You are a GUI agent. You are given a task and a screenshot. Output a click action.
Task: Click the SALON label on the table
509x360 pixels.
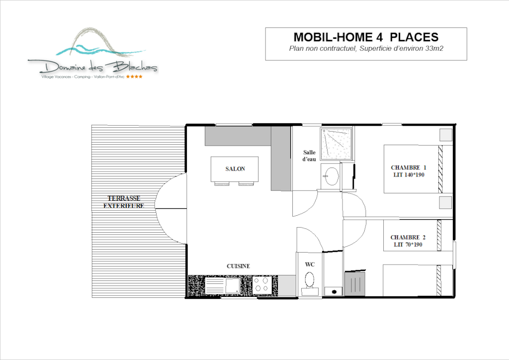coord(235,169)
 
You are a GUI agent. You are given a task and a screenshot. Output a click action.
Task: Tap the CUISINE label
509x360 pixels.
coord(238,266)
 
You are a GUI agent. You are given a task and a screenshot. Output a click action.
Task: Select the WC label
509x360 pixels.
coord(310,265)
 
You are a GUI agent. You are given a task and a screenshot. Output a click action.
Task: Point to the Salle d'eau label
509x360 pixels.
coord(309,156)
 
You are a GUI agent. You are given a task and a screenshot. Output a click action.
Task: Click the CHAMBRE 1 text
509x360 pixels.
coord(409,168)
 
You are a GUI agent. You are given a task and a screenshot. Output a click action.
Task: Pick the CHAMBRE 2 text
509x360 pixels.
coord(408,237)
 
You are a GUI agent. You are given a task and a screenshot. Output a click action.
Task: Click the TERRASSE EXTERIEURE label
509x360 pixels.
coord(124,202)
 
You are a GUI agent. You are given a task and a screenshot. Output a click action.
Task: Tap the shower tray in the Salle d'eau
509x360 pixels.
coord(337,144)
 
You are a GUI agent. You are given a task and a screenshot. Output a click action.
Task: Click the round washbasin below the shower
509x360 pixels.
coord(332,177)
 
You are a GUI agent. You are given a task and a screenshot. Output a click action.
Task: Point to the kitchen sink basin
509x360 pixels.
coord(233,285)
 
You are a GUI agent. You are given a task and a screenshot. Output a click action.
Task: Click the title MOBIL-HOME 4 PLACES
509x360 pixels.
coord(366,37)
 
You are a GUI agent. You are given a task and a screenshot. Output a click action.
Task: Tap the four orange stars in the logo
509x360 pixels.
coord(134,77)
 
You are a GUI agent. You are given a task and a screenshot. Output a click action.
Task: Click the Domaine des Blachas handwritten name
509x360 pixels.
coord(98,67)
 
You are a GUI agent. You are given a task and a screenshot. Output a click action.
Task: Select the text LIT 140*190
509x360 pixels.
coord(409,175)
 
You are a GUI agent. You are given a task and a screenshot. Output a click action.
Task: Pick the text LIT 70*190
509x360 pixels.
coord(408,245)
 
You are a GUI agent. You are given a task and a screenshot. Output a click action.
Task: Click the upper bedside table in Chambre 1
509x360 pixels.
coord(446,135)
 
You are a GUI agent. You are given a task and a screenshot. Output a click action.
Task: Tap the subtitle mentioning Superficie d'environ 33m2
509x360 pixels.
coord(366,49)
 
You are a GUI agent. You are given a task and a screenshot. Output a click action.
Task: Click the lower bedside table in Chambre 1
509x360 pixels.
coord(446,202)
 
